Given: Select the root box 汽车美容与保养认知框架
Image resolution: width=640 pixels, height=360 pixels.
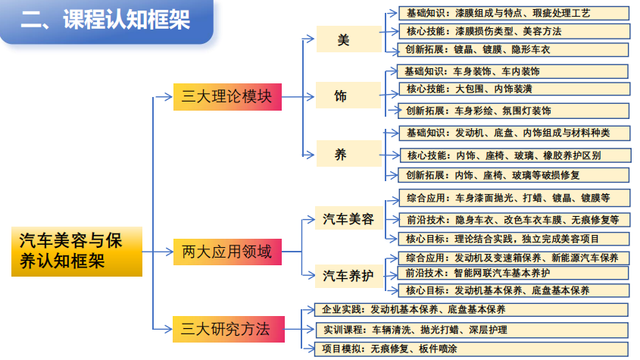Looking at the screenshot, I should (x=76, y=251).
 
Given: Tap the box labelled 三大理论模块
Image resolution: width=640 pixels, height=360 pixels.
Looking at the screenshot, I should (x=227, y=97).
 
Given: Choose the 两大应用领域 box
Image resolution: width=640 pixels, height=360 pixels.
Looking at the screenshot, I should (x=227, y=251).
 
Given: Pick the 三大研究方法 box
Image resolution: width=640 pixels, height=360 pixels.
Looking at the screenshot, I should (x=227, y=329).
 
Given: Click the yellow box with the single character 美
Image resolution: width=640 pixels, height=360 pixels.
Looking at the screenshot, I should (x=342, y=39).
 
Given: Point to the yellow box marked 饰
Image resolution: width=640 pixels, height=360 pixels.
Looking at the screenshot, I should (x=342, y=97).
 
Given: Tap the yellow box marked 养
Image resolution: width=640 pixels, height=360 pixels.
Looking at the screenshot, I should (x=342, y=155).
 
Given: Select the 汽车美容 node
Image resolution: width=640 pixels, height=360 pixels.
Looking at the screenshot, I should (x=348, y=220).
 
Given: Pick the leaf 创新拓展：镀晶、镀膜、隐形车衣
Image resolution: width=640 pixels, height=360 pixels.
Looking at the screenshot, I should (x=514, y=50).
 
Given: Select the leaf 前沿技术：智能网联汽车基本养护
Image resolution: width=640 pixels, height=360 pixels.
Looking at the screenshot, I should (x=514, y=273).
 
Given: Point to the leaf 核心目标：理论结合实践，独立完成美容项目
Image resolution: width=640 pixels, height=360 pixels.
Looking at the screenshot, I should (x=514, y=238).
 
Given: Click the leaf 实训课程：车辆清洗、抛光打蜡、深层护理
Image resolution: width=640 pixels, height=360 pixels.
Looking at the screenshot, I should (x=470, y=330).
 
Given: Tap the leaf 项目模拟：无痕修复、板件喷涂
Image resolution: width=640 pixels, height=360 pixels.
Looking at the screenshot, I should (x=470, y=349).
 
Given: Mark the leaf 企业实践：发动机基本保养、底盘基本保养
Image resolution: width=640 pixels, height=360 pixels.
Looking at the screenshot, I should (x=470, y=310).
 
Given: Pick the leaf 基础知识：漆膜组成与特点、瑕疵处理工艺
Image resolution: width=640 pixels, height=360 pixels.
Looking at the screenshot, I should (x=514, y=13).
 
